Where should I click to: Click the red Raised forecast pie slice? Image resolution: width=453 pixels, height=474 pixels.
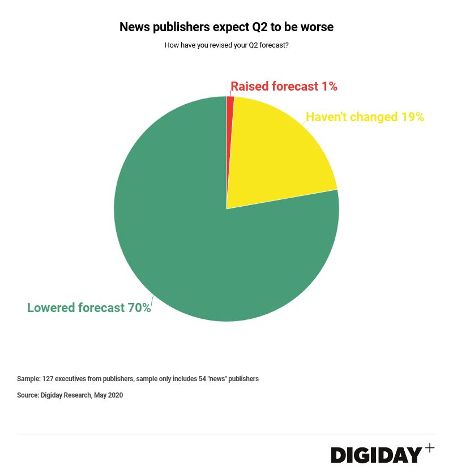(x=230, y=105)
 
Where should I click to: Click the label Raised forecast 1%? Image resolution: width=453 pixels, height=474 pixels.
(x=284, y=87)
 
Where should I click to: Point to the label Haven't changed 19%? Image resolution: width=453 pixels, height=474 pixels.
(x=365, y=117)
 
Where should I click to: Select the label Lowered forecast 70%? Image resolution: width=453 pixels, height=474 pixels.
(x=89, y=308)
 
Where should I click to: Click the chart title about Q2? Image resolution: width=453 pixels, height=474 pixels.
(x=226, y=27)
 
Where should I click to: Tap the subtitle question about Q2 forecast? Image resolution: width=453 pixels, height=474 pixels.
(x=226, y=45)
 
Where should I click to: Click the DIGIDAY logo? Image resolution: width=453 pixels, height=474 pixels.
(x=377, y=455)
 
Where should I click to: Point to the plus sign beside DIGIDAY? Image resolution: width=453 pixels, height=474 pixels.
(x=430, y=448)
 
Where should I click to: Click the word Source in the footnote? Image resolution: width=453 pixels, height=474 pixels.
(x=27, y=395)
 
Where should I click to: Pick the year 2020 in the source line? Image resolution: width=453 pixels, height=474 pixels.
(x=115, y=395)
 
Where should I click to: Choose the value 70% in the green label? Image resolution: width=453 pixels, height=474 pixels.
(x=139, y=308)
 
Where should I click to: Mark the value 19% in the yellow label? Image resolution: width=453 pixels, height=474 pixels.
(x=412, y=117)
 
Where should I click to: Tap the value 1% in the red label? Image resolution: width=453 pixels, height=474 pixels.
(x=329, y=87)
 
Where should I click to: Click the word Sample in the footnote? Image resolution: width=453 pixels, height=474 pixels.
(x=28, y=379)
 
